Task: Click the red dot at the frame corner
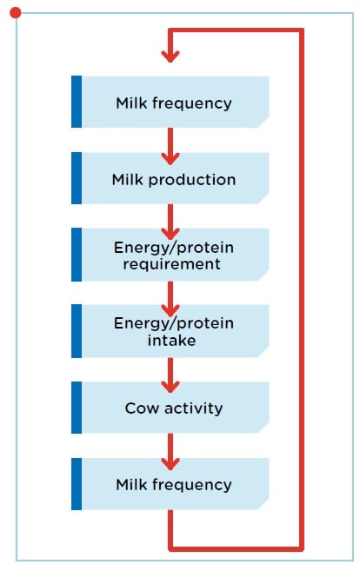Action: [x=16, y=13]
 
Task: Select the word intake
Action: [x=171, y=341]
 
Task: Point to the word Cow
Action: [x=142, y=408]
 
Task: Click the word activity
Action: [x=194, y=408]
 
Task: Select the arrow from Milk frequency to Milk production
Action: [x=170, y=146]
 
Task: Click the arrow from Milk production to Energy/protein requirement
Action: [x=170, y=222]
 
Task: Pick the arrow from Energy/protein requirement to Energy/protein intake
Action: [x=170, y=299]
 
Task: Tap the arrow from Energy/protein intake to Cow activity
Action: [x=170, y=375]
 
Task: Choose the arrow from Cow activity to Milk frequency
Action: [x=170, y=452]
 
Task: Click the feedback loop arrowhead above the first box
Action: [x=170, y=56]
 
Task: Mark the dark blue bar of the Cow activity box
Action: [x=77, y=408]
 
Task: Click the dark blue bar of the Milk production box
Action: [x=77, y=178]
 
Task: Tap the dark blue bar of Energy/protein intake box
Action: [x=77, y=331]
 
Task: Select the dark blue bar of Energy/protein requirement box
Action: [x=77, y=255]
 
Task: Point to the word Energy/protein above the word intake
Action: [x=174, y=323]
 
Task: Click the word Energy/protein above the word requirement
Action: [x=174, y=248]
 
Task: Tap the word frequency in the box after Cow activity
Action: [x=192, y=486]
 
